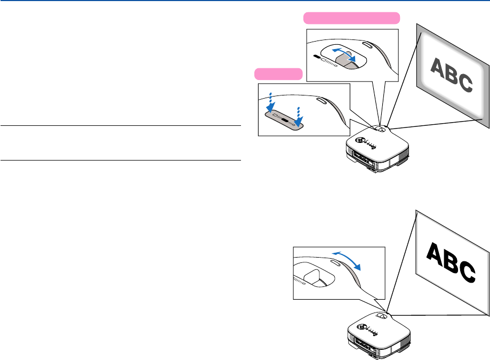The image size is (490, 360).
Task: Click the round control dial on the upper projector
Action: tap(360, 141)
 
